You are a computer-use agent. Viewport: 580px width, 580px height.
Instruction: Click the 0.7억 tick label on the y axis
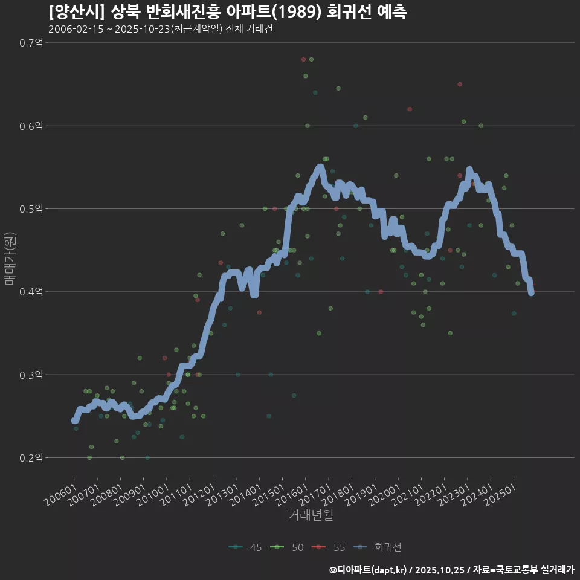point(31,43)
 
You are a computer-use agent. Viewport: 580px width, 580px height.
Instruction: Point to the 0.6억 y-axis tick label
point(31,126)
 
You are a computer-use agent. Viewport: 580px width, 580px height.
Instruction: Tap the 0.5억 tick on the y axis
point(31,209)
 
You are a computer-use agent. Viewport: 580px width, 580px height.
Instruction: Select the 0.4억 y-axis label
point(31,292)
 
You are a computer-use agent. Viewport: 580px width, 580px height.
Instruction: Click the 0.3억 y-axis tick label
point(31,375)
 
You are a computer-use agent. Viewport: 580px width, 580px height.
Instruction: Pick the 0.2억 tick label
point(31,458)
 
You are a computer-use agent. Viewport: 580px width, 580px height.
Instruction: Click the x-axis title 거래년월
point(311,515)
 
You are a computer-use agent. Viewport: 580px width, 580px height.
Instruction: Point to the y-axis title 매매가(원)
point(10,258)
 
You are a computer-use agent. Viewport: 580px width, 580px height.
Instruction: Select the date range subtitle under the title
point(161,29)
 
